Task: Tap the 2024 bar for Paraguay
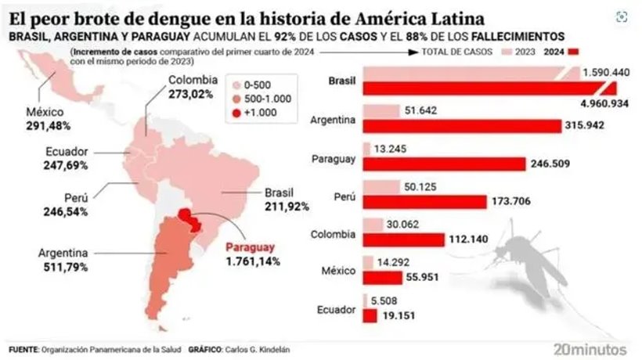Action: (445, 164)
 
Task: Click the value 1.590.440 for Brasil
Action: (608, 73)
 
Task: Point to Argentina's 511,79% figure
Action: (62, 267)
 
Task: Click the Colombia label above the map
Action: (192, 80)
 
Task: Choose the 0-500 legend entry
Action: (259, 85)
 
